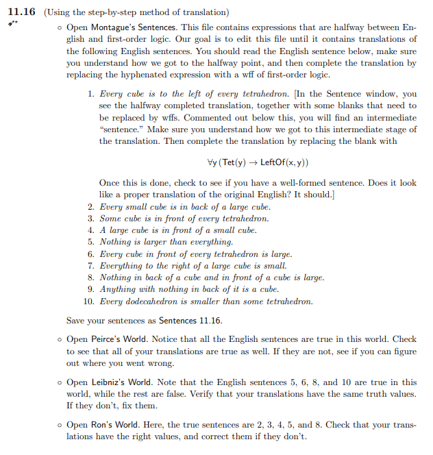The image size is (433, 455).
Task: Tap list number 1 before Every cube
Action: (x=91, y=93)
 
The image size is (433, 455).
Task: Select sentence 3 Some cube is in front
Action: (x=184, y=218)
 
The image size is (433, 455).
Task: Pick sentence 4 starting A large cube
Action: (x=178, y=230)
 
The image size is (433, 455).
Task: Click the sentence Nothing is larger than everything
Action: (x=166, y=242)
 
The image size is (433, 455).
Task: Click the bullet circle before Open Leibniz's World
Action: (x=60, y=382)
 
